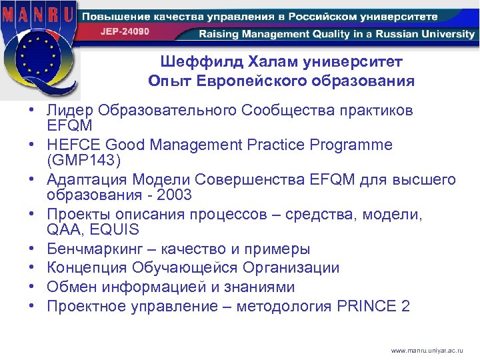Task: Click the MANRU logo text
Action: pos(39,13)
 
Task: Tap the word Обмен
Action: pos(69,287)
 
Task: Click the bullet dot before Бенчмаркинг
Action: pos(31,249)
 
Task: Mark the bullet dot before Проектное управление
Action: pos(31,307)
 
